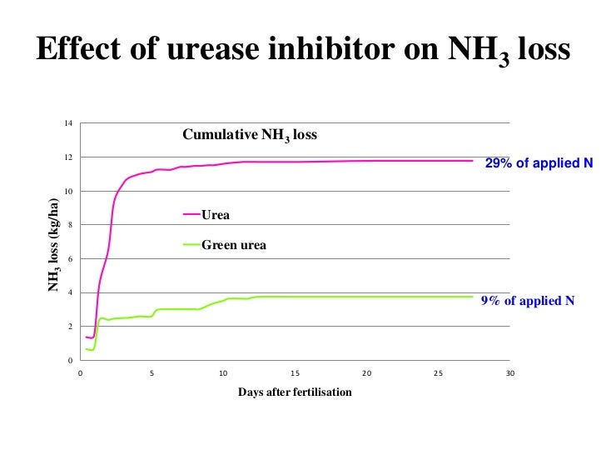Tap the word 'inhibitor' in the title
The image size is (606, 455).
pos(325,52)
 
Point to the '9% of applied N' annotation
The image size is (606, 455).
pos(528,301)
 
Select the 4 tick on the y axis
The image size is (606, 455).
pos(70,292)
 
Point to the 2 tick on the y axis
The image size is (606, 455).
pos(70,327)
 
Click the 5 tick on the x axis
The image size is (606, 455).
pos(151,373)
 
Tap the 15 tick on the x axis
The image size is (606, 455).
pos(295,373)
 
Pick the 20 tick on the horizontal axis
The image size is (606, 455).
pos(366,373)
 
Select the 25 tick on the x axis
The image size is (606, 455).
pos(439,373)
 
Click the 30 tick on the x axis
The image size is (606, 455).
pos(510,373)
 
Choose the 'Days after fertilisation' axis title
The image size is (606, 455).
pos(295,392)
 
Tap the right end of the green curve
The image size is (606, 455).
pos(473,297)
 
